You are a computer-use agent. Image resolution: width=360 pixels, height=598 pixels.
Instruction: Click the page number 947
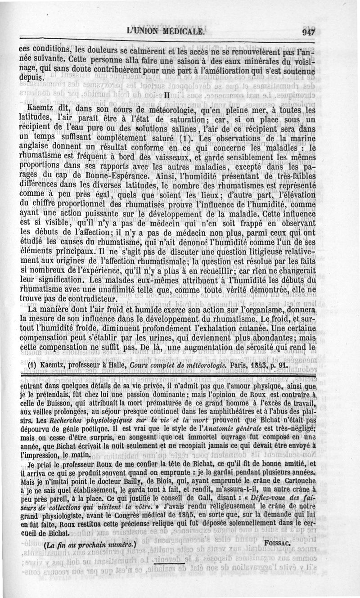(308, 32)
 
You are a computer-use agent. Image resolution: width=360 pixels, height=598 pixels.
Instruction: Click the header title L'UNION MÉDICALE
(166, 32)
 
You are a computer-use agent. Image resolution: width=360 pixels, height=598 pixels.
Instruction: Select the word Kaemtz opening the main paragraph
(40, 109)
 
